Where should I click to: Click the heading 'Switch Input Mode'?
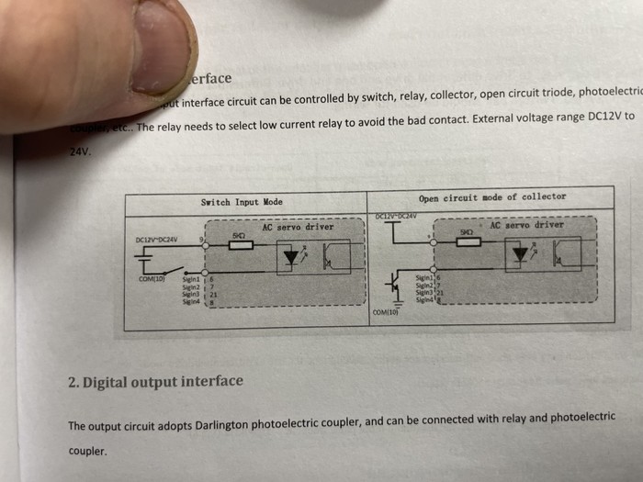point(242,202)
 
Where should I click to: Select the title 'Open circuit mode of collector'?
point(492,197)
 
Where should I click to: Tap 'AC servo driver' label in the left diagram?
point(298,226)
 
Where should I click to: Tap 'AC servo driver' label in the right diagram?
point(526,225)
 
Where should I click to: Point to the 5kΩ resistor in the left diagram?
point(239,245)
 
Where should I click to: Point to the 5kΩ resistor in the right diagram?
point(467,242)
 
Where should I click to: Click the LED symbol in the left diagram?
point(291,260)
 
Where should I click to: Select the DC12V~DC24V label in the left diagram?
point(156,241)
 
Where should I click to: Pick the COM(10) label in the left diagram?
point(150,278)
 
